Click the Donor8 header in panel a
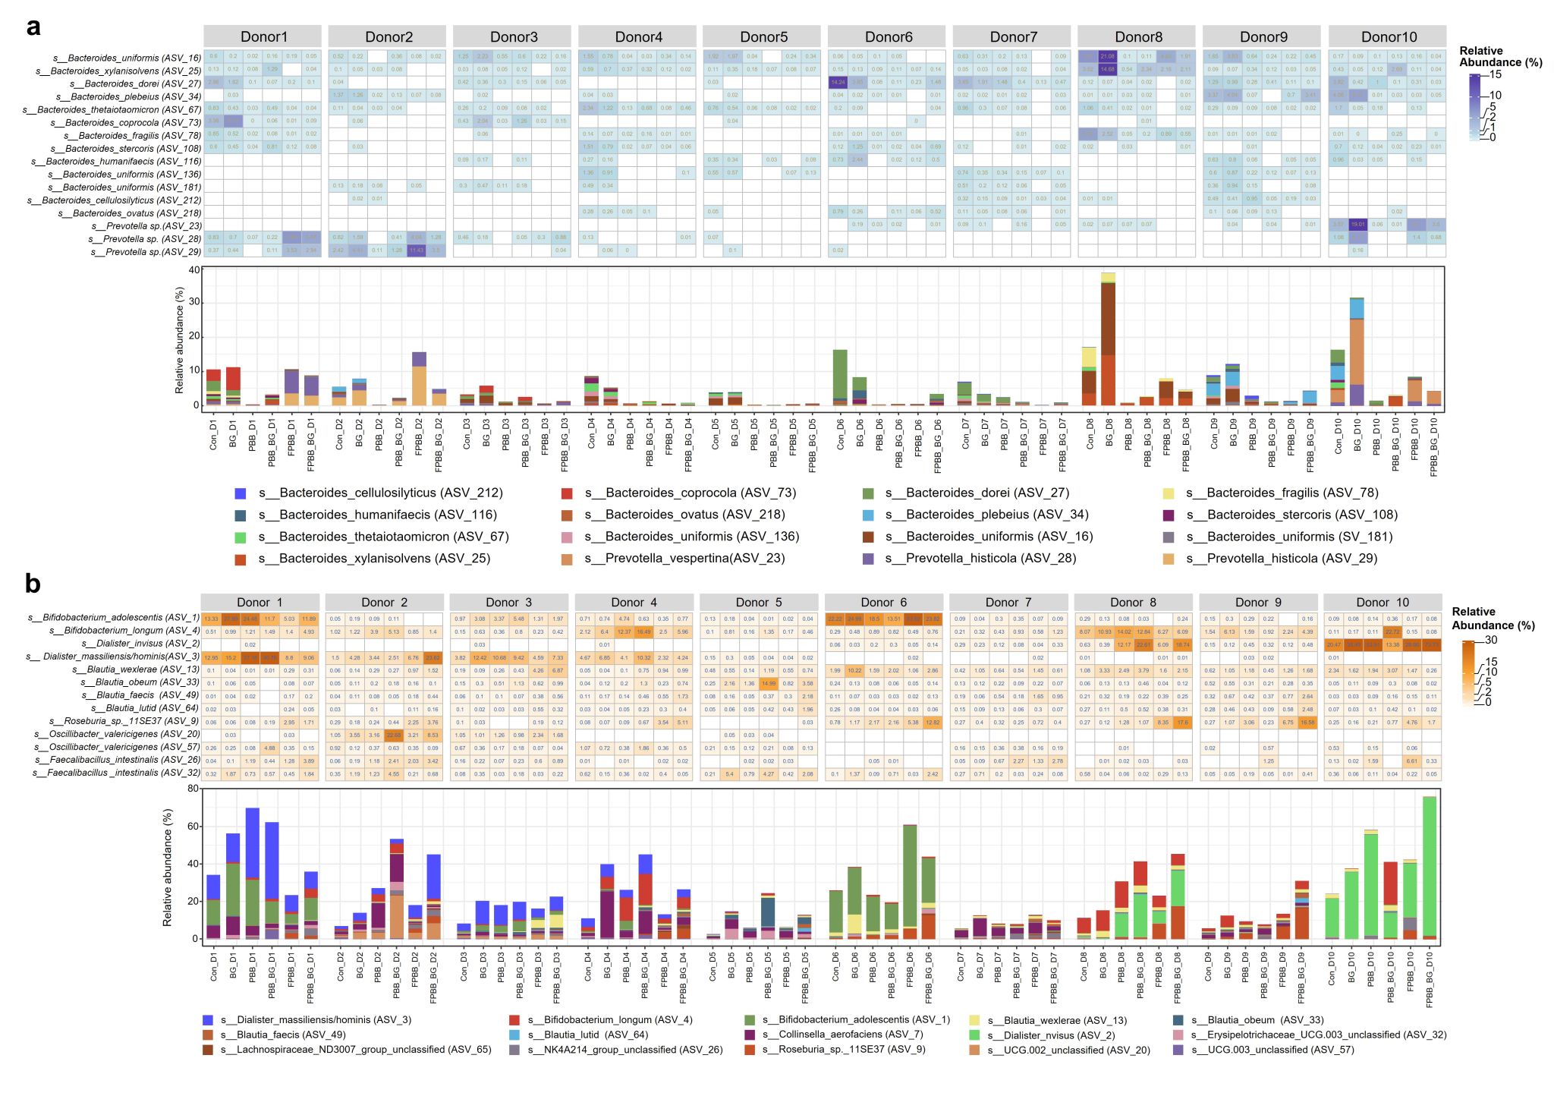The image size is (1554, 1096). (x=1137, y=36)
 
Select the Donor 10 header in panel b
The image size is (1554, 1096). (x=1383, y=602)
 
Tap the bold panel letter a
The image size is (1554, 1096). (x=33, y=27)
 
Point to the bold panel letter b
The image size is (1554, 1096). (x=33, y=583)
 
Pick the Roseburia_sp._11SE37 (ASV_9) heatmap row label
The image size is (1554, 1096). (x=124, y=721)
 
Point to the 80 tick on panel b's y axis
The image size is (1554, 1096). (x=193, y=789)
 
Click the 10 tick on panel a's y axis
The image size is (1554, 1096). (x=196, y=370)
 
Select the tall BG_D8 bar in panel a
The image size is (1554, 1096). (x=1109, y=342)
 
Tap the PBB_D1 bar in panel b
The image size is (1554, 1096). (x=252, y=873)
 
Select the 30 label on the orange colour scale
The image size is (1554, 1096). (x=1491, y=641)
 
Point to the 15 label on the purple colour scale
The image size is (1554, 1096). (x=1496, y=74)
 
